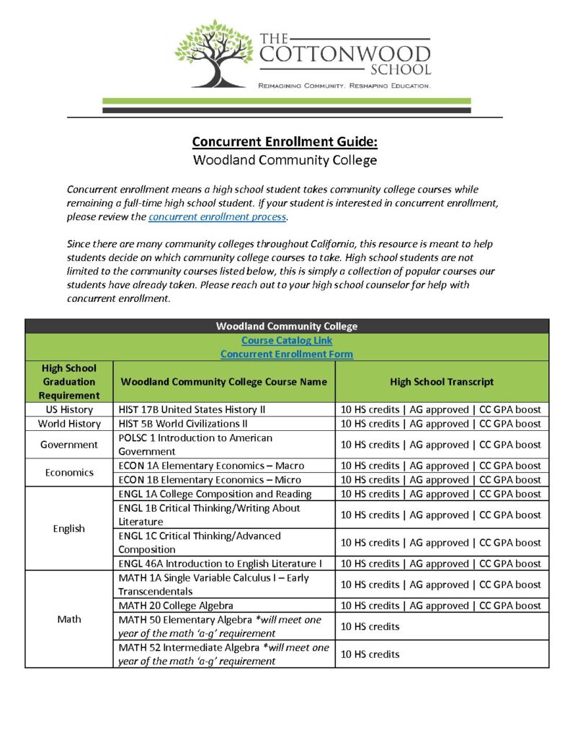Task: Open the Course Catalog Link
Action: [x=287, y=340]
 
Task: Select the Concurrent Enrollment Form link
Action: [x=287, y=354]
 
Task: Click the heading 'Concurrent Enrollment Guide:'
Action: [x=285, y=141]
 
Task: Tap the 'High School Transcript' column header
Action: [x=442, y=381]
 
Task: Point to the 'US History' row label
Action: [x=69, y=409]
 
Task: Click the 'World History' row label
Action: [x=69, y=424]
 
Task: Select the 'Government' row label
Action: [x=69, y=445]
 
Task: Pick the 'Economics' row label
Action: [x=69, y=473]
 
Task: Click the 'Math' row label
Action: [x=69, y=619]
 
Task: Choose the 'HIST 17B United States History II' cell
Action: [x=192, y=409]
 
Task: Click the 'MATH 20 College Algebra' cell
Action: [x=176, y=605]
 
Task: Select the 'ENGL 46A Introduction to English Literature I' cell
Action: [x=220, y=564]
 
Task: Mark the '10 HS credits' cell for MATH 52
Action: [x=370, y=654]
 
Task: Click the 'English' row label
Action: [x=69, y=528]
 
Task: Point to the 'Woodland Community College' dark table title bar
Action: [x=287, y=326]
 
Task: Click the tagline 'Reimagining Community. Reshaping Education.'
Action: [x=344, y=86]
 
